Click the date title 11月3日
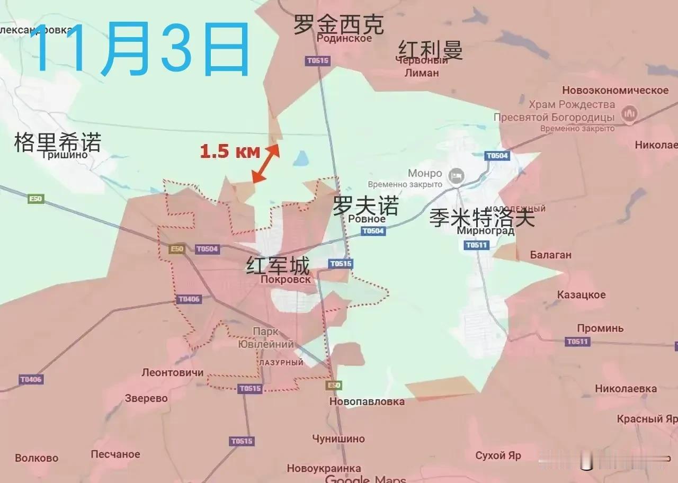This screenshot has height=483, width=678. [x=140, y=49]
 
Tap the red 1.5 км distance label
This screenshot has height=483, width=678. [x=230, y=152]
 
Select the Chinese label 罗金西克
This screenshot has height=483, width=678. [x=338, y=25]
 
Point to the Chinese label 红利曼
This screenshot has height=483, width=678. [x=430, y=50]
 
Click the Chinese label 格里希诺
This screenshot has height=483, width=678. [x=57, y=142]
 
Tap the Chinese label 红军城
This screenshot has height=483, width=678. [x=278, y=265]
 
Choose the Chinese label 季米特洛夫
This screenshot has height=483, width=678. [x=481, y=218]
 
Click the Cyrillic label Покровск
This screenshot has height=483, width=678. [x=286, y=279]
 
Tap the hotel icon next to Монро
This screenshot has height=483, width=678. [x=456, y=175]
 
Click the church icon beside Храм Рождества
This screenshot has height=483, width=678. [x=630, y=113]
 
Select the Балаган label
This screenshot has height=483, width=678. [x=550, y=255]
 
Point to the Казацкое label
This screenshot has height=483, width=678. [x=581, y=294]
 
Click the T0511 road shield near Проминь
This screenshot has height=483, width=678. [x=577, y=342]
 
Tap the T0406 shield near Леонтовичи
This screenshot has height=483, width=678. [x=31, y=379]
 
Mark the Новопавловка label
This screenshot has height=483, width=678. [x=367, y=401]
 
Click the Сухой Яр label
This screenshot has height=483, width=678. [x=498, y=455]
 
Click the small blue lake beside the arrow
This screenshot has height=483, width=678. [x=301, y=157]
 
